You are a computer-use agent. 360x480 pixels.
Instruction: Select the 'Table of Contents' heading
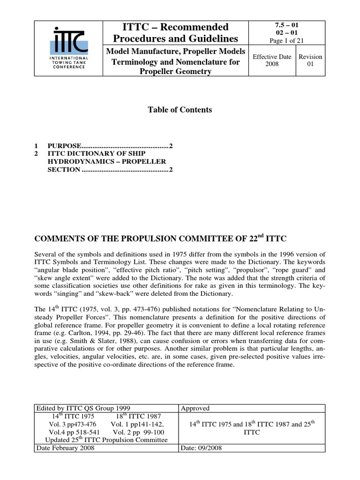tap(180, 110)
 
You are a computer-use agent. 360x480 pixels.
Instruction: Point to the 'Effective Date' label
tap(272, 57)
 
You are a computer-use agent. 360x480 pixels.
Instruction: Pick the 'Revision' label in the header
tap(310, 57)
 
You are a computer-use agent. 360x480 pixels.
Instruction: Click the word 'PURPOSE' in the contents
tap(64, 146)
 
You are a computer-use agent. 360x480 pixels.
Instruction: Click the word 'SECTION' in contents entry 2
tap(63, 169)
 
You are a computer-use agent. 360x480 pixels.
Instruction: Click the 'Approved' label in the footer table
tap(195, 408)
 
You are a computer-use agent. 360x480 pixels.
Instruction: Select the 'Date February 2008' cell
tap(65, 448)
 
